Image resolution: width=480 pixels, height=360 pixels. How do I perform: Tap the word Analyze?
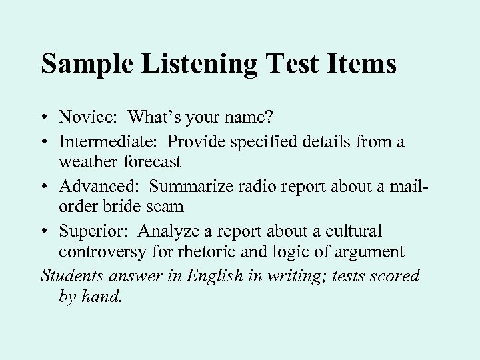click(x=167, y=231)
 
